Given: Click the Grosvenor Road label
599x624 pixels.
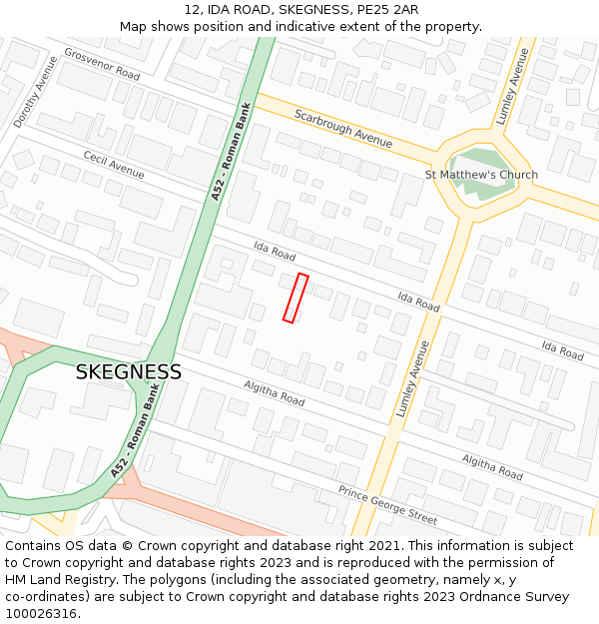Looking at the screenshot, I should click(102, 64).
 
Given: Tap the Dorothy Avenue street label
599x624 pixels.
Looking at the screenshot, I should click(35, 92).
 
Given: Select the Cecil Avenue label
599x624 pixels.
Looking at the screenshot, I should click(114, 166).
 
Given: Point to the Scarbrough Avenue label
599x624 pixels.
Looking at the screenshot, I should click(342, 128).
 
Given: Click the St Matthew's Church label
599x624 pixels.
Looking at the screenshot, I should click(481, 175).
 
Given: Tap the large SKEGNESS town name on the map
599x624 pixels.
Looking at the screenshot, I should click(129, 372).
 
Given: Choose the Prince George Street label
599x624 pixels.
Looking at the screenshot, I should click(387, 505).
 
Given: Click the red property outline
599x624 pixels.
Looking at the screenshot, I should click(296, 298).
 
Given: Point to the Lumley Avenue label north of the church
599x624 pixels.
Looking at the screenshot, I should click(518, 81).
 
